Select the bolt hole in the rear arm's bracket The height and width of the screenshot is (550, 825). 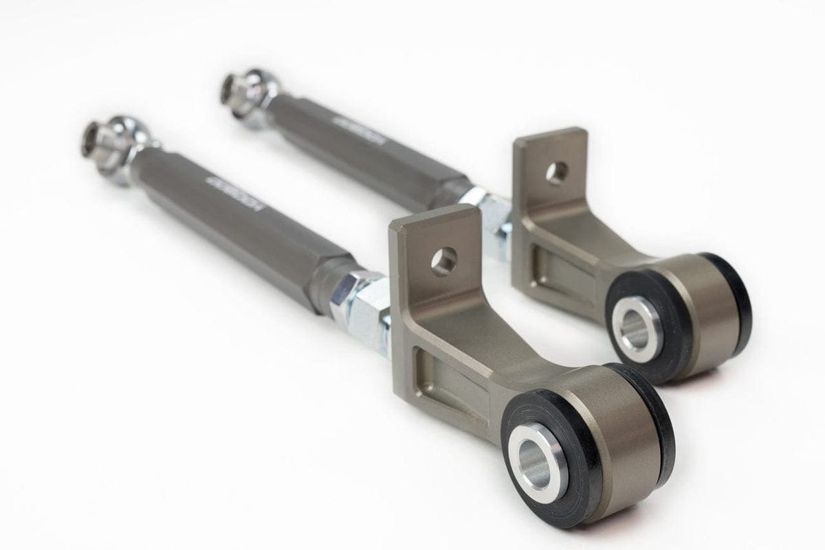click(x=557, y=172)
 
